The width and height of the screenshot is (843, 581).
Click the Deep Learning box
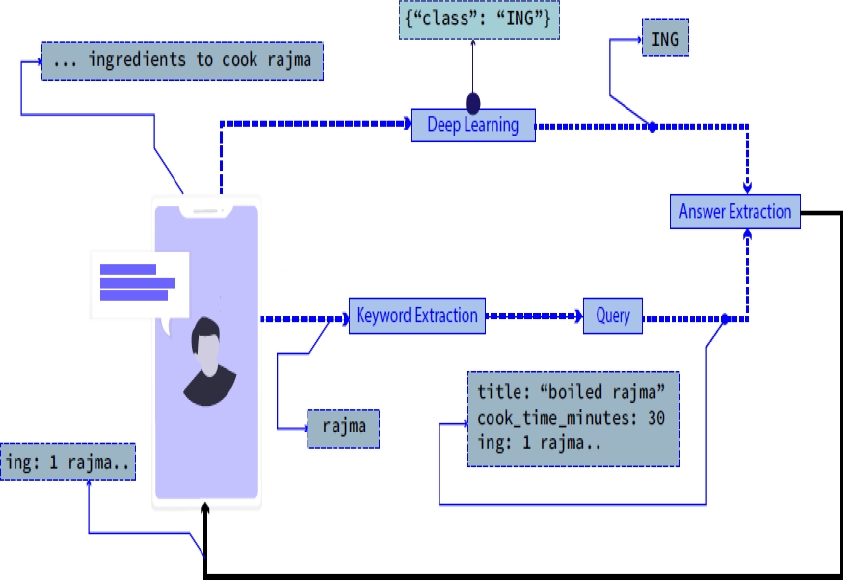click(473, 125)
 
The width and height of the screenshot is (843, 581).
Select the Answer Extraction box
click(735, 211)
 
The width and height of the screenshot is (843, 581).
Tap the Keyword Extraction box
click(417, 316)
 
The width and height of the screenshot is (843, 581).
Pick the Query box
click(612, 316)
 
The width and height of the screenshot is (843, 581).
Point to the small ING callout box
click(664, 40)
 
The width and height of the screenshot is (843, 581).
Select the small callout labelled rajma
click(343, 427)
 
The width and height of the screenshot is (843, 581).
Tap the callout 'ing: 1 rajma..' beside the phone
click(68, 463)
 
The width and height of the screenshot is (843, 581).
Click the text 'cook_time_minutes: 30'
click(570, 418)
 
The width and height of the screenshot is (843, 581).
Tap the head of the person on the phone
click(207, 341)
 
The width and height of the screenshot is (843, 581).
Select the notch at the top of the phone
click(205, 210)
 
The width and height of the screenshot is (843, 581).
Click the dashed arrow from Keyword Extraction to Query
click(534, 317)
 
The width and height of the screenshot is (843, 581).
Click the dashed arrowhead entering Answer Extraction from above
click(746, 189)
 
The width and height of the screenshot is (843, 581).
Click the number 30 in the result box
click(656, 418)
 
